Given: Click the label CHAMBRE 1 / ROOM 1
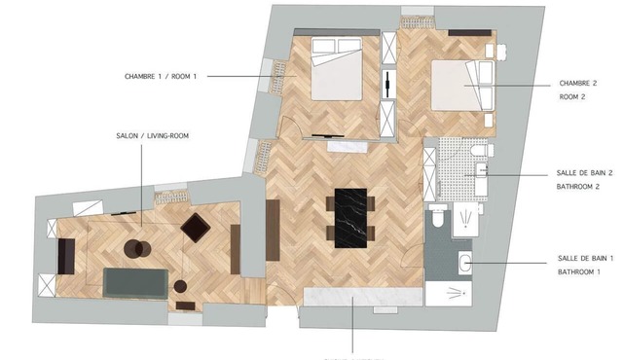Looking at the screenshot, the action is click(x=161, y=76).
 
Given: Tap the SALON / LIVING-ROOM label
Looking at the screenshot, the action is click(x=153, y=136).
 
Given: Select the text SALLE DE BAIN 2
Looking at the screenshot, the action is click(x=584, y=173).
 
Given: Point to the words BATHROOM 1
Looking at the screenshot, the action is click(x=579, y=271).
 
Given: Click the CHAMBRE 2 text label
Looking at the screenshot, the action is click(x=578, y=83).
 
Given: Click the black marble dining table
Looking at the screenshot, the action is click(x=350, y=218).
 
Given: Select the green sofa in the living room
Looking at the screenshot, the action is click(x=135, y=283).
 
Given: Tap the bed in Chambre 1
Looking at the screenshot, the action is click(x=336, y=68).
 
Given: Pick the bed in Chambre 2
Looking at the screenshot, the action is click(x=462, y=86).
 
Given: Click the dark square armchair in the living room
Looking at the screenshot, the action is click(x=196, y=228).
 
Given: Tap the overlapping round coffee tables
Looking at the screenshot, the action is click(x=137, y=249).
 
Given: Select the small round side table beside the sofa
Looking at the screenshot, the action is click(x=180, y=286).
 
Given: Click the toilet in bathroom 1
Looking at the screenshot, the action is click(x=438, y=216).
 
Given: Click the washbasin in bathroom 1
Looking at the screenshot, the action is click(x=465, y=263).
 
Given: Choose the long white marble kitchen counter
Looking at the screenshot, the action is click(x=363, y=297).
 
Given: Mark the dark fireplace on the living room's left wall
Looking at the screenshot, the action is click(x=66, y=257).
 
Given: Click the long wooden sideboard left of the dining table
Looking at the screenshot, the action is click(x=273, y=231).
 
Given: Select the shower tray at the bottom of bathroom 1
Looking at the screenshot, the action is click(x=449, y=294).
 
